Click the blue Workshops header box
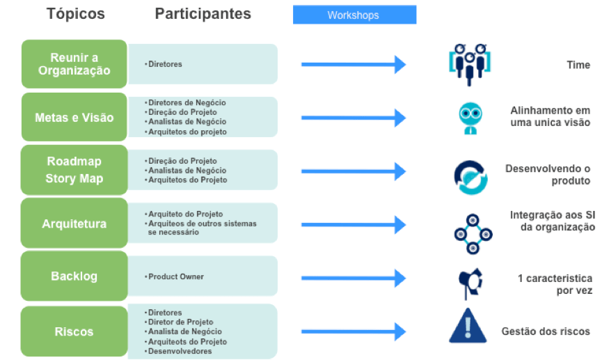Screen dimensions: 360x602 click(x=354, y=15)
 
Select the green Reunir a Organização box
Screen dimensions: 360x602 click(x=74, y=63)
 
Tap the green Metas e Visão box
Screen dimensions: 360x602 click(x=74, y=118)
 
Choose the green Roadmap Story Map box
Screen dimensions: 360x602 click(x=74, y=170)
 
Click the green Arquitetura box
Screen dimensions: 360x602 click(x=74, y=224)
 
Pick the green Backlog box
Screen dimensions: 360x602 click(x=74, y=276)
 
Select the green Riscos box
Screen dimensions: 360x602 click(x=74, y=331)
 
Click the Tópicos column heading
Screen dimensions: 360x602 click(x=76, y=14)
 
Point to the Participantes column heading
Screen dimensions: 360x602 click(x=203, y=14)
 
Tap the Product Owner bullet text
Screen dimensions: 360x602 click(x=176, y=276)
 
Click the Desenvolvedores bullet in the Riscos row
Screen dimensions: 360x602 click(x=180, y=352)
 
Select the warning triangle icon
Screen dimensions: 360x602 click(x=471, y=327)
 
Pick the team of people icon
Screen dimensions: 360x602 click(x=471, y=63)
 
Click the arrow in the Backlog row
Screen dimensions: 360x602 click(x=353, y=276)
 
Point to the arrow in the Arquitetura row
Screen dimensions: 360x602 click(x=353, y=224)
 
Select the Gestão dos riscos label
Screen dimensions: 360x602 click(x=546, y=331)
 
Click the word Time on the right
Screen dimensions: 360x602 click(x=578, y=65)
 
